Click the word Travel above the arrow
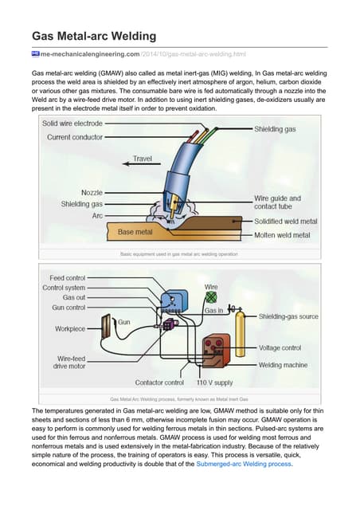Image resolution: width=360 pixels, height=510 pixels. [x=142, y=159]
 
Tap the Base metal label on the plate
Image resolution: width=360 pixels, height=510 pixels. [x=136, y=232]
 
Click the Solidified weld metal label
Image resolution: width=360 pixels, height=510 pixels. [x=285, y=221]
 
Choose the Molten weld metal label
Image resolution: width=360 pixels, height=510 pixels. [x=280, y=235]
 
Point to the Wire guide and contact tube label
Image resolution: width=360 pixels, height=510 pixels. [x=277, y=202]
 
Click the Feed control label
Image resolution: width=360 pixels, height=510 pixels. [x=68, y=278]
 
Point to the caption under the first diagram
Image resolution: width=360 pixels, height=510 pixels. [x=178, y=253]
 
